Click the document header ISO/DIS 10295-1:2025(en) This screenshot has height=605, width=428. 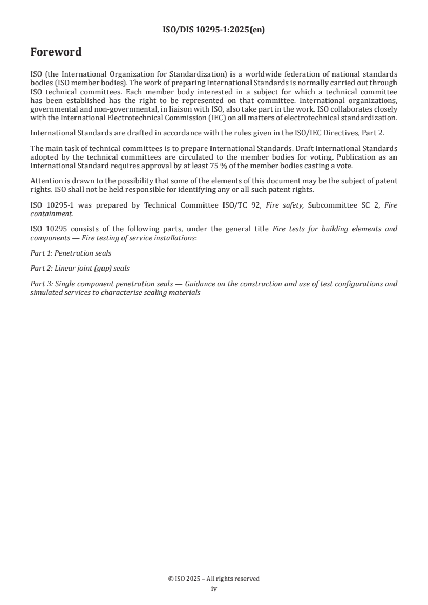point(214,30)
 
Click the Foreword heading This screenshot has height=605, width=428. point(56,52)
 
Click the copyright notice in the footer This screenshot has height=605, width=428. point(214,579)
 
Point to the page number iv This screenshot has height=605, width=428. point(214,589)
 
